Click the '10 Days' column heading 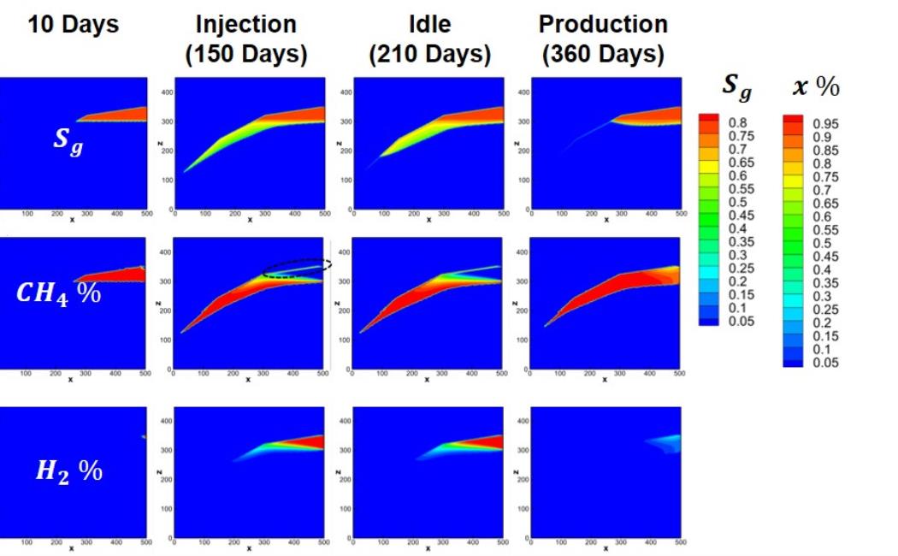tap(74, 25)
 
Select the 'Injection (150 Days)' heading tap(246, 39)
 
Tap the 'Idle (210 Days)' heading tap(429, 39)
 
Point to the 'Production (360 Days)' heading tap(606, 39)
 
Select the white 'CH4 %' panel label tap(58, 293)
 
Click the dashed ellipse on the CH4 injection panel tap(296, 268)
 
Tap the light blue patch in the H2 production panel tap(665, 442)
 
